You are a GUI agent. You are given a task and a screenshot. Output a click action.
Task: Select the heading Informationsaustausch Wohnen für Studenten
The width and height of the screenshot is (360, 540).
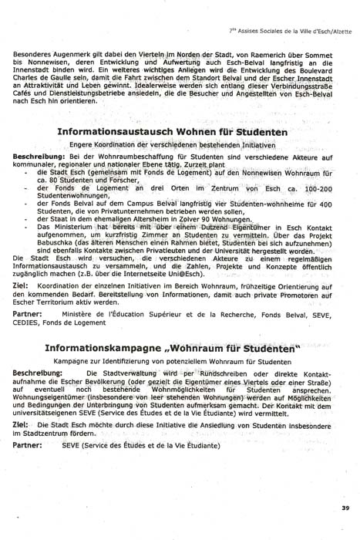click(x=173, y=132)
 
